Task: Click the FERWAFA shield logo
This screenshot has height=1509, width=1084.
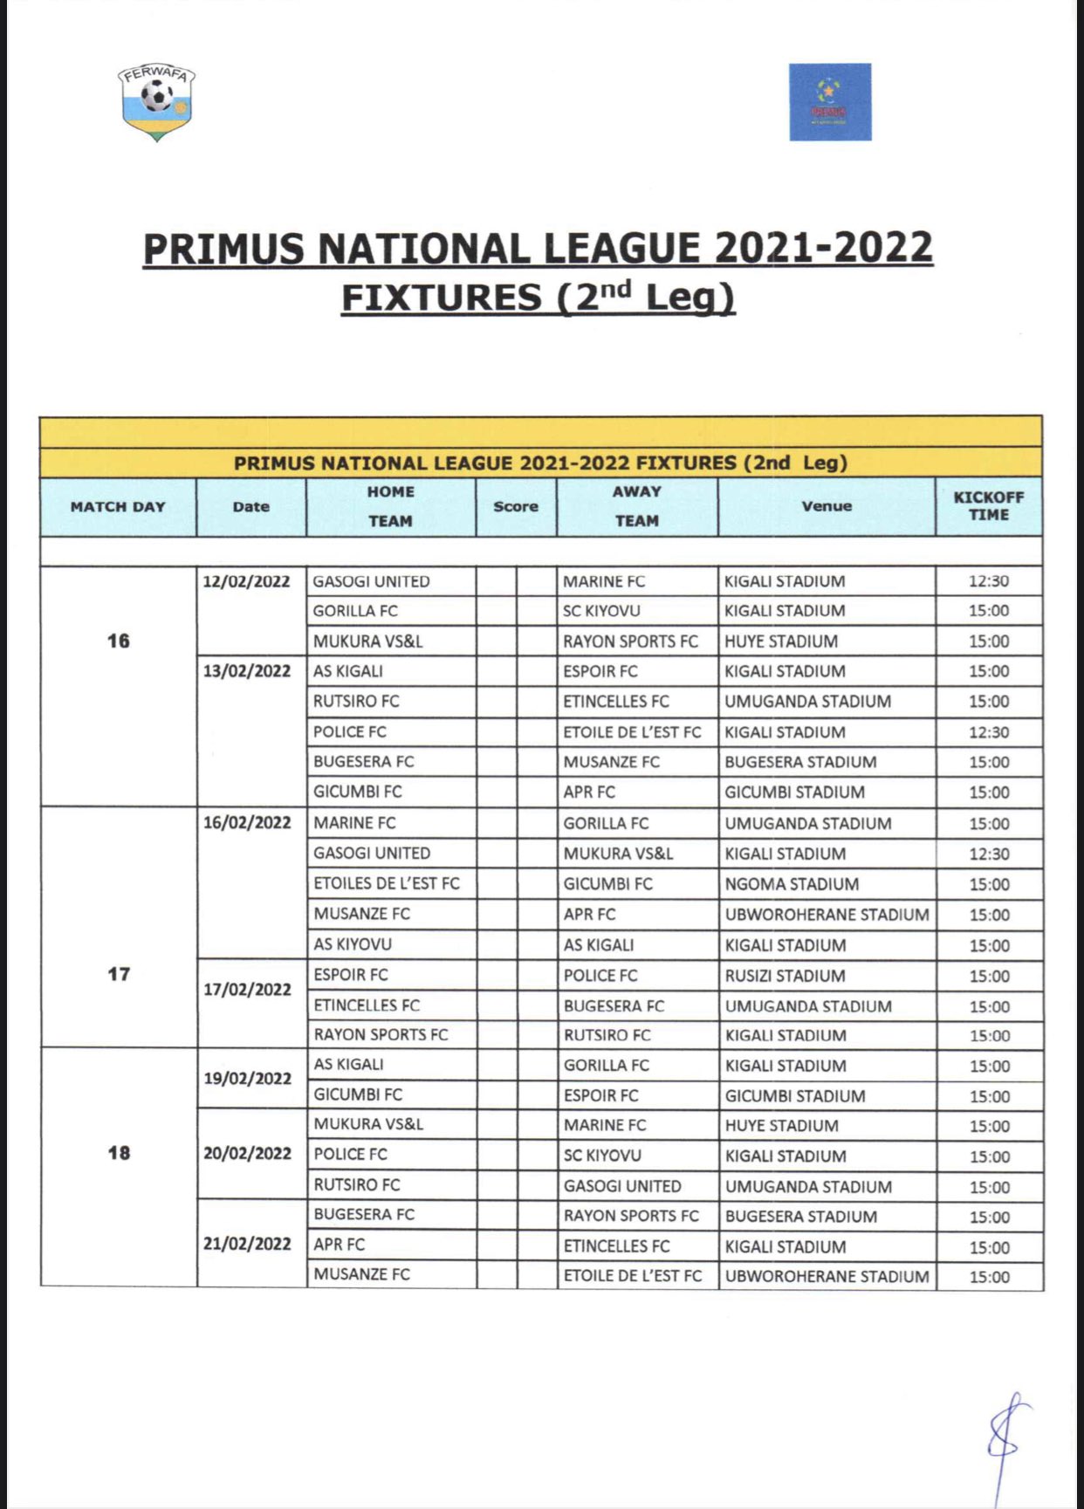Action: click(157, 102)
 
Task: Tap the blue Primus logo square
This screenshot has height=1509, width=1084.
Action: click(829, 101)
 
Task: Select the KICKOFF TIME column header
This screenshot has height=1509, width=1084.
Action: click(988, 506)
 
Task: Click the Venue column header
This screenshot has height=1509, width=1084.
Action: click(827, 506)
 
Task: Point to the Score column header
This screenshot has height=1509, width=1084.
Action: click(516, 506)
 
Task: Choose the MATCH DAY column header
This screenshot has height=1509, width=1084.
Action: click(118, 507)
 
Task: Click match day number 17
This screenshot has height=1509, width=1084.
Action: click(119, 974)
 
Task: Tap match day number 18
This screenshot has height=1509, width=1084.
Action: click(119, 1153)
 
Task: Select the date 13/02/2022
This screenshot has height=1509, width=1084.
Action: click(247, 671)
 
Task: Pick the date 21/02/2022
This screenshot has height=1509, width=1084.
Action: click(247, 1244)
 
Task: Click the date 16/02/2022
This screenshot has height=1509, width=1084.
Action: click(247, 823)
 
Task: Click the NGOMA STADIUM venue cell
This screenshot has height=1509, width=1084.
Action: click(792, 884)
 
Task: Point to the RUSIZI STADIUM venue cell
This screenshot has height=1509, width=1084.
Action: click(785, 976)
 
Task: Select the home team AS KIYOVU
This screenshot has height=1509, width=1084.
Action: click(353, 944)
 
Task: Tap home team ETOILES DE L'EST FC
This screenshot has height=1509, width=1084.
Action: click(387, 883)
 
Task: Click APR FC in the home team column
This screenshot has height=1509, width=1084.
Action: click(340, 1245)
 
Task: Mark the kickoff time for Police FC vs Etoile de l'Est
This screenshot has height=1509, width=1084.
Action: click(989, 732)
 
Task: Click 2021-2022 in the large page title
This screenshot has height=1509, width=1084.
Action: click(824, 248)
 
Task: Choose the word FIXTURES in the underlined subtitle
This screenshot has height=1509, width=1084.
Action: click(442, 298)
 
